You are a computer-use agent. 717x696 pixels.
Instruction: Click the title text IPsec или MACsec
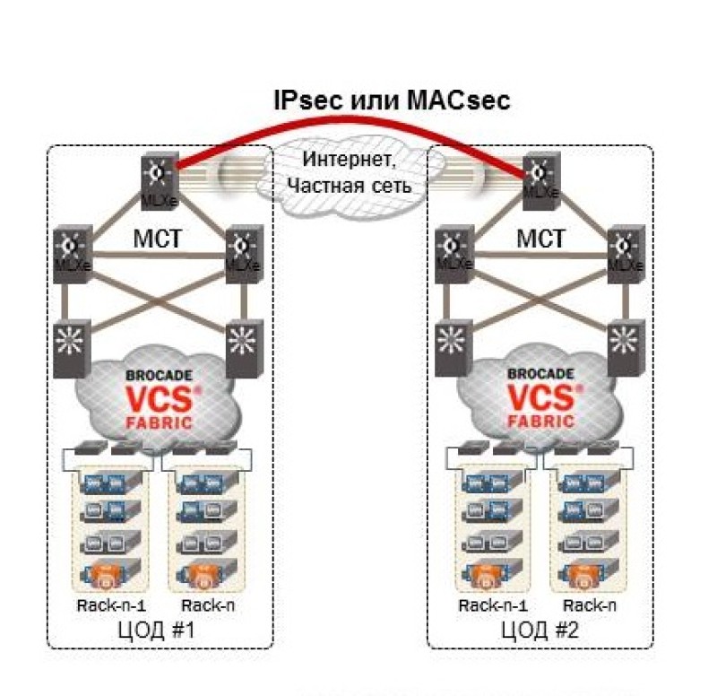[391, 100]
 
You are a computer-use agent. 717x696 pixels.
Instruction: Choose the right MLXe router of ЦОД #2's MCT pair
[625, 255]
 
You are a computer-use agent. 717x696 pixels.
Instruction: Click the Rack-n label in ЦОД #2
[587, 605]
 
